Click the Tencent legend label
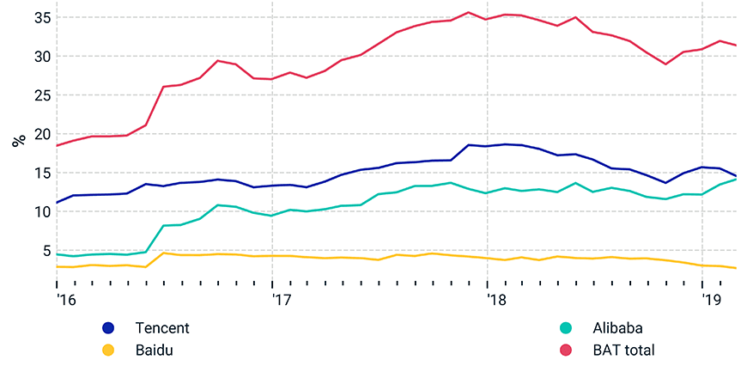[x=161, y=327]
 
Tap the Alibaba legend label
[x=616, y=327]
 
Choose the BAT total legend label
[x=622, y=350]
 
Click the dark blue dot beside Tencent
[x=108, y=327]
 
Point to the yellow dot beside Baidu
[x=108, y=350]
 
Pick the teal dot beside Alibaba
[x=566, y=327]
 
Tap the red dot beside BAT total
[x=566, y=350]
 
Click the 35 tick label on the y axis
[x=41, y=18]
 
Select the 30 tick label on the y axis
[x=41, y=57]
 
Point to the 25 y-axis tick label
[x=41, y=95]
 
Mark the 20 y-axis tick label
[x=41, y=134]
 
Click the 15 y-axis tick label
[x=41, y=173]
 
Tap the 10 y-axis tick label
[x=41, y=211]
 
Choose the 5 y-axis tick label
[x=46, y=251]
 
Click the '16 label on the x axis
[x=66, y=300]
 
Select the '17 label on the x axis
[x=282, y=300]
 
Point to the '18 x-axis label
[x=496, y=300]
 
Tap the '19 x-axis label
[x=712, y=300]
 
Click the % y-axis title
[x=18, y=139]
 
